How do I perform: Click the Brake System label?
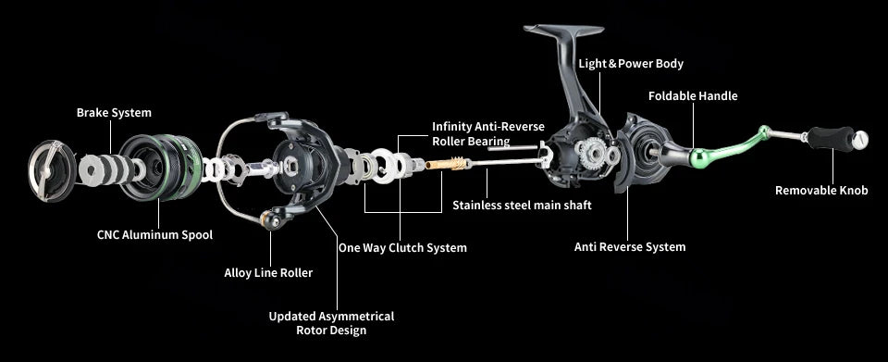point(114,113)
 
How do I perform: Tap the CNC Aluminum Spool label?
point(154,234)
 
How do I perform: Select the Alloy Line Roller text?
point(268,272)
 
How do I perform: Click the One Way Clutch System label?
point(402,247)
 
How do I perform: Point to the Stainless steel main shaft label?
point(522,206)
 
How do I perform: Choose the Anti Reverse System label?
point(630,247)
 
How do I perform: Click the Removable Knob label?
point(821,191)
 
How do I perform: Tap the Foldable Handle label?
point(693,96)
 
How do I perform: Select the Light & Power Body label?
point(631,64)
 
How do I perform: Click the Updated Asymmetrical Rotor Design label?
point(331,323)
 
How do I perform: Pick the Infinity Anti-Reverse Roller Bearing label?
point(488,133)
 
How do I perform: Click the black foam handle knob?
point(831,139)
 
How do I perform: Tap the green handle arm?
point(732,147)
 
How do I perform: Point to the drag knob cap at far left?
point(51,170)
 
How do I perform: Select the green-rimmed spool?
point(160,168)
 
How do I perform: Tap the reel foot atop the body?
point(563,30)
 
